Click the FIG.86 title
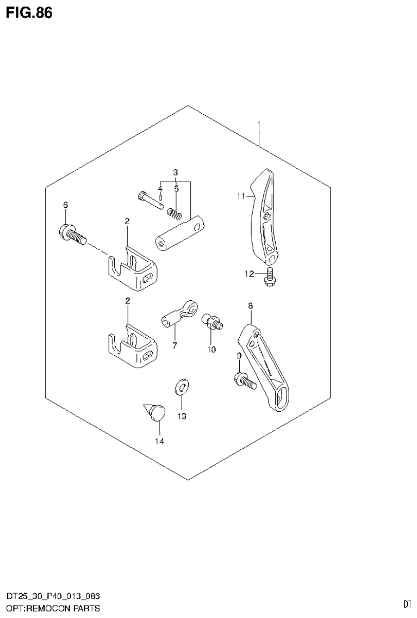[x=29, y=13]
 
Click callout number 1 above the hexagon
[x=259, y=125]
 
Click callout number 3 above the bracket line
[x=175, y=172]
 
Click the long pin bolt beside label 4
[x=151, y=200]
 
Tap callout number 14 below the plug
[x=159, y=441]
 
